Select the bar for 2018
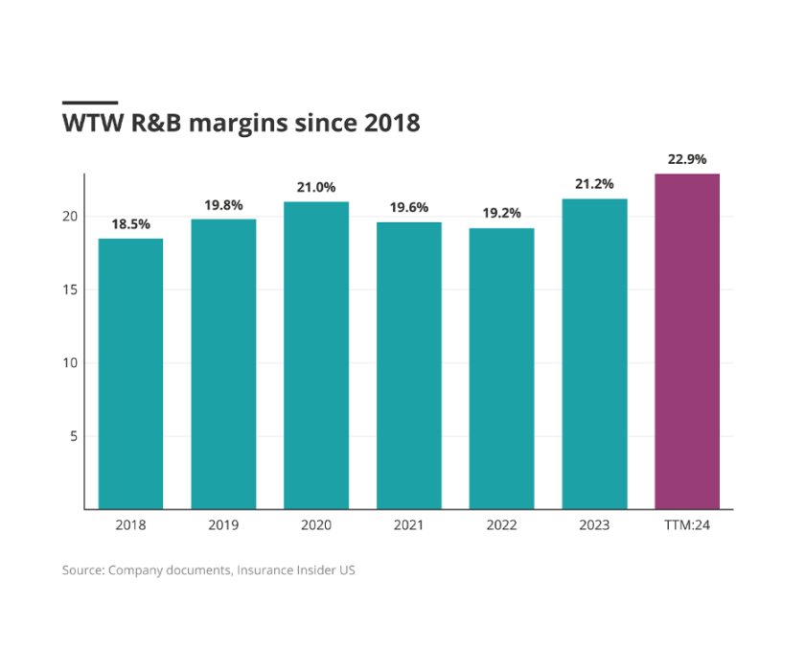tap(130, 374)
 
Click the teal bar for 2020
tap(316, 355)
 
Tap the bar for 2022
tap(501, 368)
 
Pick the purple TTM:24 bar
tap(687, 341)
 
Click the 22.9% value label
tap(687, 159)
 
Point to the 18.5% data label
tap(130, 223)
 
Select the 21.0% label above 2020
tap(316, 187)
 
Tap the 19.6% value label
tap(408, 207)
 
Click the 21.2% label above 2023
tap(594, 184)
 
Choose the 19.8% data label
tap(223, 204)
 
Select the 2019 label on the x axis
tap(223, 525)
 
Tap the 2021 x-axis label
tap(408, 525)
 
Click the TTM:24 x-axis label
tap(687, 525)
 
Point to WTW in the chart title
tap(89, 124)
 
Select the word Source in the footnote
tap(83, 570)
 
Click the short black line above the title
tap(90, 102)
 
